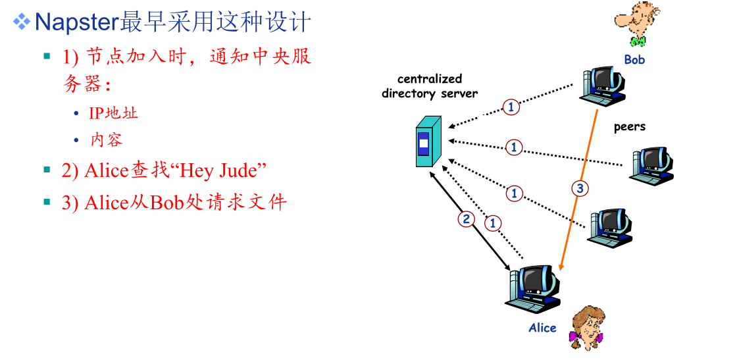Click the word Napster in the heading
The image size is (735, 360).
click(76, 23)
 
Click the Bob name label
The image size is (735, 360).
click(634, 60)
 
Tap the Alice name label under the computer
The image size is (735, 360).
click(542, 328)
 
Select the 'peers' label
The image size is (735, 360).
click(630, 126)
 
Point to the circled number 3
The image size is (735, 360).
click(579, 189)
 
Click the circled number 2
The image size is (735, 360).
click(467, 219)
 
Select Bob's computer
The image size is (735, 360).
click(602, 85)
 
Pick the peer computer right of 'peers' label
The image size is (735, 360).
click(652, 165)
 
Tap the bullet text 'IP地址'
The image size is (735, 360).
click(113, 113)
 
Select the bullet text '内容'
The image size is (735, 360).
click(107, 140)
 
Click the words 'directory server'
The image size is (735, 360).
click(430, 93)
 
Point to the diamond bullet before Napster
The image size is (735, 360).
click(22, 23)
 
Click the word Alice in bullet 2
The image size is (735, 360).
click(105, 171)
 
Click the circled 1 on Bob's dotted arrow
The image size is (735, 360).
click(511, 106)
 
